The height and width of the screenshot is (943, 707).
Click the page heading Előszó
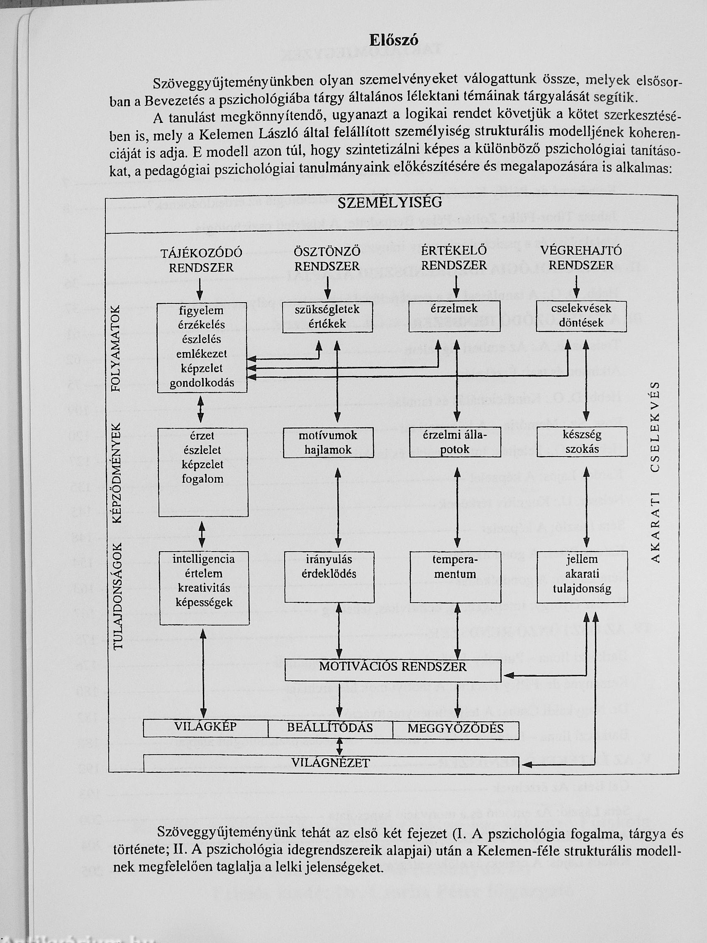click(x=393, y=40)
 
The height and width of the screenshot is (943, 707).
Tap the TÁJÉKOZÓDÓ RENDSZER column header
click(x=201, y=260)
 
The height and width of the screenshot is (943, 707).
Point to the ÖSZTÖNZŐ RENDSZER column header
click(x=327, y=259)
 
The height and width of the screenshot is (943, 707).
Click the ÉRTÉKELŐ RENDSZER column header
click(x=454, y=258)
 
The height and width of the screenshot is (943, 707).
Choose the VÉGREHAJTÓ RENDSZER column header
click(x=580, y=258)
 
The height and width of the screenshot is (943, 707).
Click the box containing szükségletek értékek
click(x=327, y=317)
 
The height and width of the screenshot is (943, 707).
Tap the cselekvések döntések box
click(x=581, y=316)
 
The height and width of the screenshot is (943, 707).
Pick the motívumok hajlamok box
click(x=328, y=442)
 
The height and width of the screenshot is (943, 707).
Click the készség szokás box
click(x=581, y=442)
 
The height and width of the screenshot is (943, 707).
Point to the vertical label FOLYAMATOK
click(x=116, y=349)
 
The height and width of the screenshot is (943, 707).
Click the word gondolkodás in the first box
click(x=202, y=383)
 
